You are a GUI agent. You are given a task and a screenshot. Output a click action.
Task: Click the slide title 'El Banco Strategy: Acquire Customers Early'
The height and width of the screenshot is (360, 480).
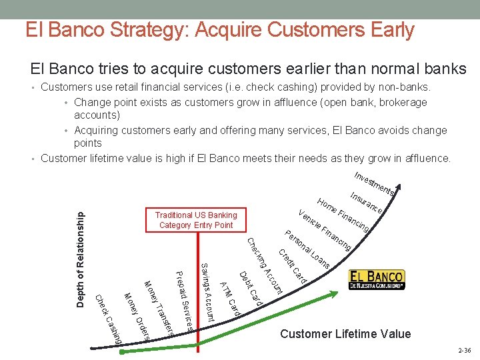pos(219,30)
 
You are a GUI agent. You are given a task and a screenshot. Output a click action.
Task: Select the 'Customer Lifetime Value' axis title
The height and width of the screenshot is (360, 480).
pos(345,333)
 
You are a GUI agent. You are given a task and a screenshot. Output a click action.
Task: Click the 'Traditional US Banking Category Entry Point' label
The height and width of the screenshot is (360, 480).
pos(195,220)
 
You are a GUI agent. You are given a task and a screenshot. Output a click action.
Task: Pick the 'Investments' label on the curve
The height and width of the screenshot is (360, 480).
pos(375,183)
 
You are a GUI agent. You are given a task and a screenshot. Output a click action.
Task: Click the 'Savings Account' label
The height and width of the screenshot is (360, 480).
pos(207,293)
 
